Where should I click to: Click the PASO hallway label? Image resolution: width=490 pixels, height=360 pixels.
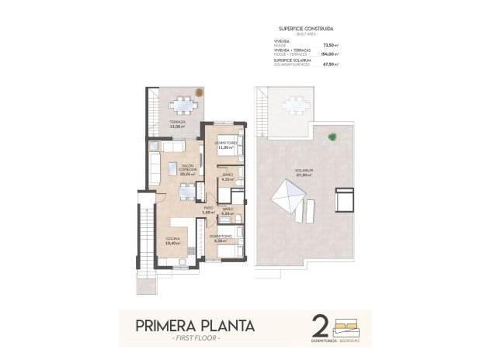[208, 208]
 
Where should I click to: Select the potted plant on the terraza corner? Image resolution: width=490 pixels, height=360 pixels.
[200, 93]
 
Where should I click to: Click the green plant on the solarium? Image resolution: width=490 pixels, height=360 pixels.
[332, 137]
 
